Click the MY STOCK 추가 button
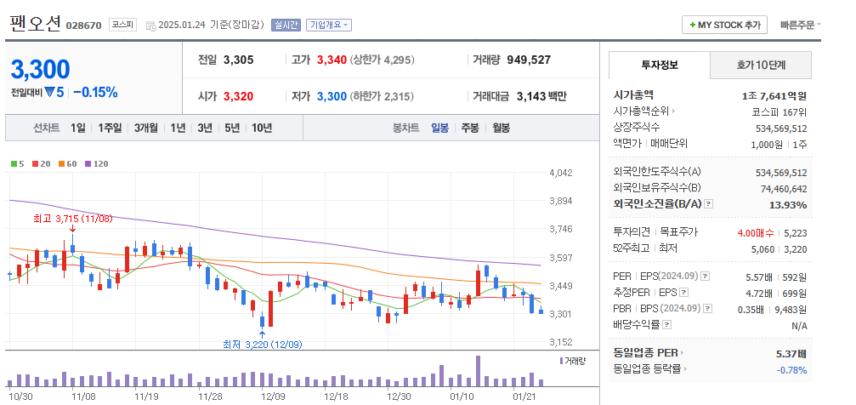tap(725, 25)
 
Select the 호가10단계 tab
tap(761, 65)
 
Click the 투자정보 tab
tap(660, 65)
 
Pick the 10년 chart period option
tap(262, 128)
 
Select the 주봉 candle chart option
tap(470, 128)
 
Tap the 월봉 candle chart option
tap(501, 128)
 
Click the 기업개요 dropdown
tap(328, 25)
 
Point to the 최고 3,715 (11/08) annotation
tap(72, 219)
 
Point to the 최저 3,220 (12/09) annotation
tap(262, 344)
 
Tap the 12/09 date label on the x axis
tap(273, 396)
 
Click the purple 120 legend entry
tap(96, 163)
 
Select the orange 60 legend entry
tap(68, 163)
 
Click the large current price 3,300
tap(40, 70)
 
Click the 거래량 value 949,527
tap(529, 60)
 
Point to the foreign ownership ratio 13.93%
tap(787, 204)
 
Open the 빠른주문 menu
tap(800, 25)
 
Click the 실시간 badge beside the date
tap(285, 25)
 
